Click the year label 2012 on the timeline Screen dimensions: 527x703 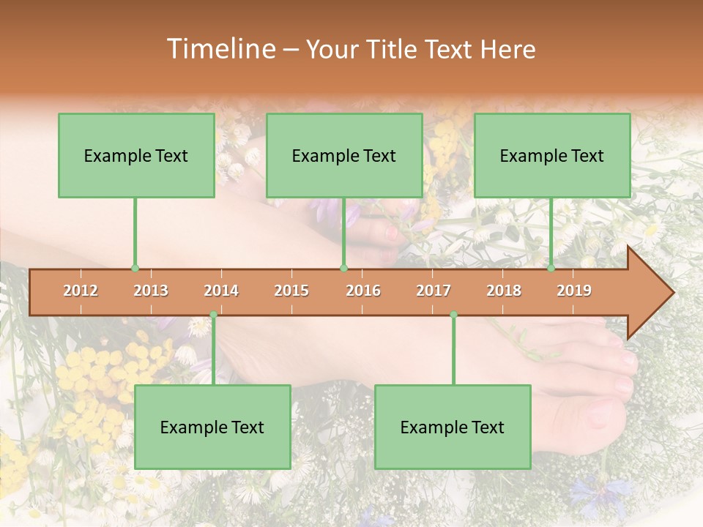[81, 291]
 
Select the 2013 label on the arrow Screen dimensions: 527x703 [151, 291]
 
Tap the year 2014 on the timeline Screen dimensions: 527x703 [221, 291]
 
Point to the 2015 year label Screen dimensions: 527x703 [291, 291]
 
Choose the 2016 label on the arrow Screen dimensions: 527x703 [363, 291]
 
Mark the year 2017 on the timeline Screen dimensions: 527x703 [434, 291]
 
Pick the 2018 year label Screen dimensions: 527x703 [504, 291]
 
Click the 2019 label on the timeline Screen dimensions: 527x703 [574, 291]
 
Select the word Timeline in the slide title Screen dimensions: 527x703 [220, 49]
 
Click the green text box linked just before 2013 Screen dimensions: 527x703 [136, 155]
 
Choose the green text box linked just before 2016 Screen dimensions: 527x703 [344, 155]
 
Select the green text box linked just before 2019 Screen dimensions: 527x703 [552, 155]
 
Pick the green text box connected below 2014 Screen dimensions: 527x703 [212, 427]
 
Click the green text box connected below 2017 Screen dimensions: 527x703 [453, 427]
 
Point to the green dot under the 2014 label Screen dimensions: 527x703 [213, 315]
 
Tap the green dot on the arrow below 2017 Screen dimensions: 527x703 [453, 315]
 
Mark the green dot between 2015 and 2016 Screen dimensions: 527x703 [343, 268]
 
